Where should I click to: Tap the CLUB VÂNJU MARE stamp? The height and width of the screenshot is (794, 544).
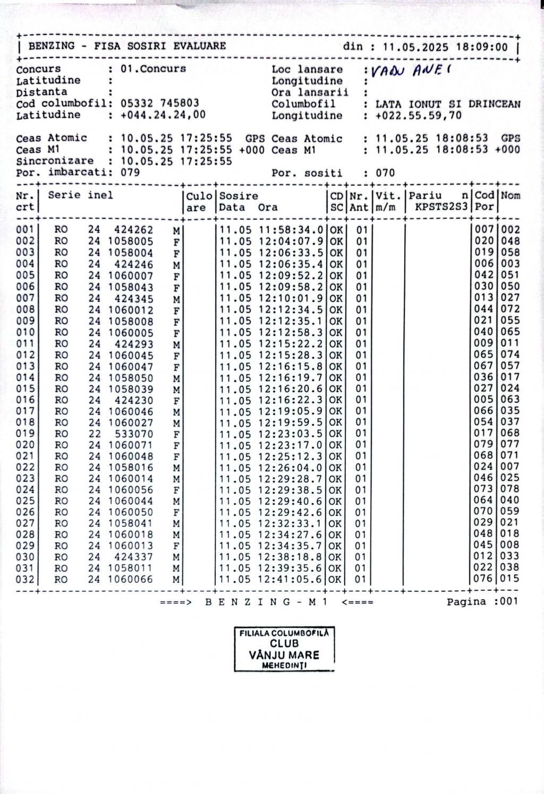[x=284, y=649]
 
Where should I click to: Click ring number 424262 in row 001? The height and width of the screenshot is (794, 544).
[x=133, y=230]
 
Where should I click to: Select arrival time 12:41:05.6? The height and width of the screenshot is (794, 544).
[x=291, y=579]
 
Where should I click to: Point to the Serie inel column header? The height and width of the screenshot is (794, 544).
[x=81, y=195]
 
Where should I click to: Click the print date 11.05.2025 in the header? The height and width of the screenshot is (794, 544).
[x=415, y=47]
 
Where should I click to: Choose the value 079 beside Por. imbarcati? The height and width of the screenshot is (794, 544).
[x=130, y=172]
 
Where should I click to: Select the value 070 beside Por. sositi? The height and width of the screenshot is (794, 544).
[x=385, y=173]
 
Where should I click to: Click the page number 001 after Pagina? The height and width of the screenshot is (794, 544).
[x=508, y=602]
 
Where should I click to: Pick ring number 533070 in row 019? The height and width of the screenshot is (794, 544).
[x=133, y=434]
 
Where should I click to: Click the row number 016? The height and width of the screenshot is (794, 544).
[x=25, y=400]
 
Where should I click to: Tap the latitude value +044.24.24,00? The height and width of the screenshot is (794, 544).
[x=163, y=115]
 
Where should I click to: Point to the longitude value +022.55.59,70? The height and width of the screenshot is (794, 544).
[x=418, y=116]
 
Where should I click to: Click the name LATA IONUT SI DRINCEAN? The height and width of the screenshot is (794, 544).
[x=448, y=104]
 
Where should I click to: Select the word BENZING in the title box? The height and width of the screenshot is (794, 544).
[x=51, y=46]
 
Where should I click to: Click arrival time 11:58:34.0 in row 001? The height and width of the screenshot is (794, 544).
[x=291, y=230]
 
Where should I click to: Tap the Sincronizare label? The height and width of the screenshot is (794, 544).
[x=55, y=161]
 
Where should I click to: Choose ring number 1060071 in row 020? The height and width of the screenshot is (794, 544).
[x=131, y=445]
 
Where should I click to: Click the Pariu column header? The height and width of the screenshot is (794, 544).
[x=425, y=195]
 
